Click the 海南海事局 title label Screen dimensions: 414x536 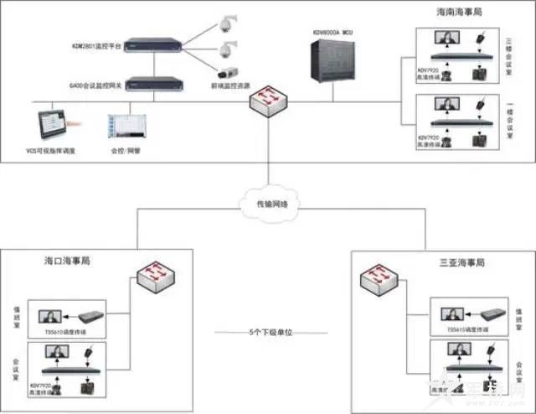pos(459,13)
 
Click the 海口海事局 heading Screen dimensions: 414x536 pos(67,261)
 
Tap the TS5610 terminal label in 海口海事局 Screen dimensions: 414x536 pos(63,331)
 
